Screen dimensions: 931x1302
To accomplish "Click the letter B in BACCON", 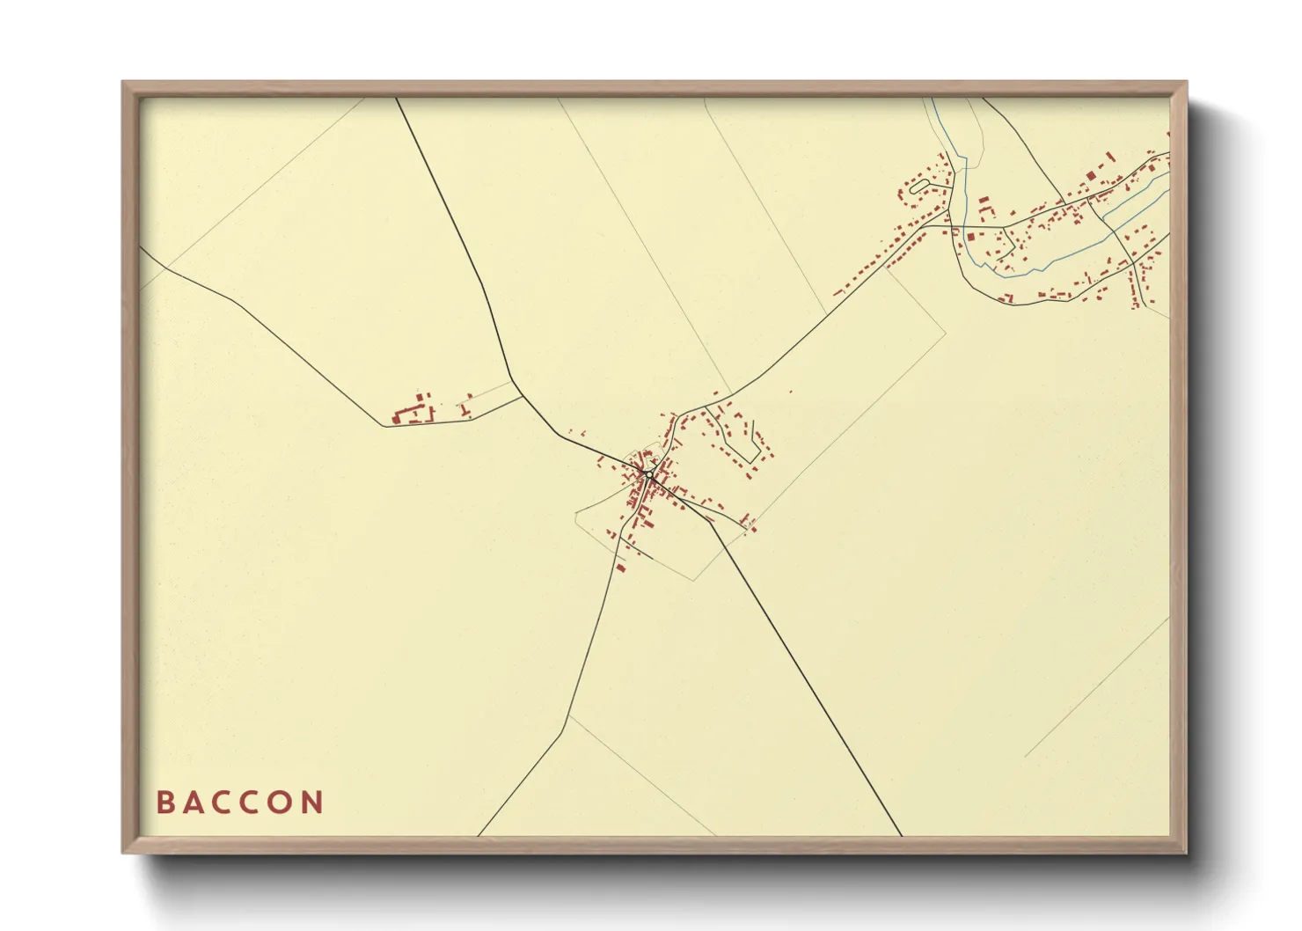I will (164, 803).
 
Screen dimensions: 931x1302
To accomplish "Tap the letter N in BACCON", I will (311, 803).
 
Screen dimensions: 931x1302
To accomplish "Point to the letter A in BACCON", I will (193, 803).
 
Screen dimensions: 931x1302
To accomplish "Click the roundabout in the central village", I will (648, 474).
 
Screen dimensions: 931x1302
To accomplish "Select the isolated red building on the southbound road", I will (619, 568).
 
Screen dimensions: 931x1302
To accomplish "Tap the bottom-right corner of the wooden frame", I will (1185, 851).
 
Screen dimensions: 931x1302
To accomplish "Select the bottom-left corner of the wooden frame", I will (124, 851).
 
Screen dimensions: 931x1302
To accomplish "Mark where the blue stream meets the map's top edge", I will (933, 99).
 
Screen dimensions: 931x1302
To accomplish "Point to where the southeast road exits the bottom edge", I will (902, 834).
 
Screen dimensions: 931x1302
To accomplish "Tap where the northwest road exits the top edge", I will (397, 99).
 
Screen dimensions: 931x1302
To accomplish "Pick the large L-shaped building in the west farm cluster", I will (407, 414).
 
